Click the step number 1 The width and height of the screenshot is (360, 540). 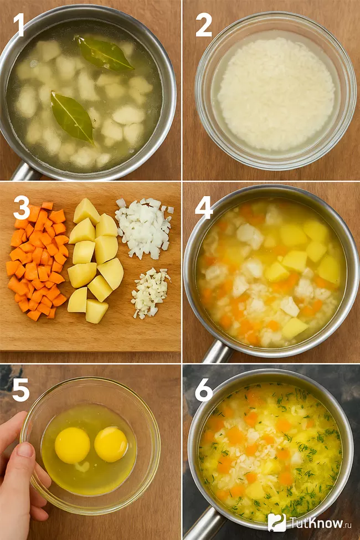18,25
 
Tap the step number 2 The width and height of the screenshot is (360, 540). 204,25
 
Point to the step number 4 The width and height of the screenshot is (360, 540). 204,208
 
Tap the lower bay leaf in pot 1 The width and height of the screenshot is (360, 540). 73,117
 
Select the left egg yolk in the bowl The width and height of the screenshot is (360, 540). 73,445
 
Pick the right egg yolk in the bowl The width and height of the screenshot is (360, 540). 111,444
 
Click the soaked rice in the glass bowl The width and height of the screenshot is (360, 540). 276,94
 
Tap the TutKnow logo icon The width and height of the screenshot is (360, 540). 276,522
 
